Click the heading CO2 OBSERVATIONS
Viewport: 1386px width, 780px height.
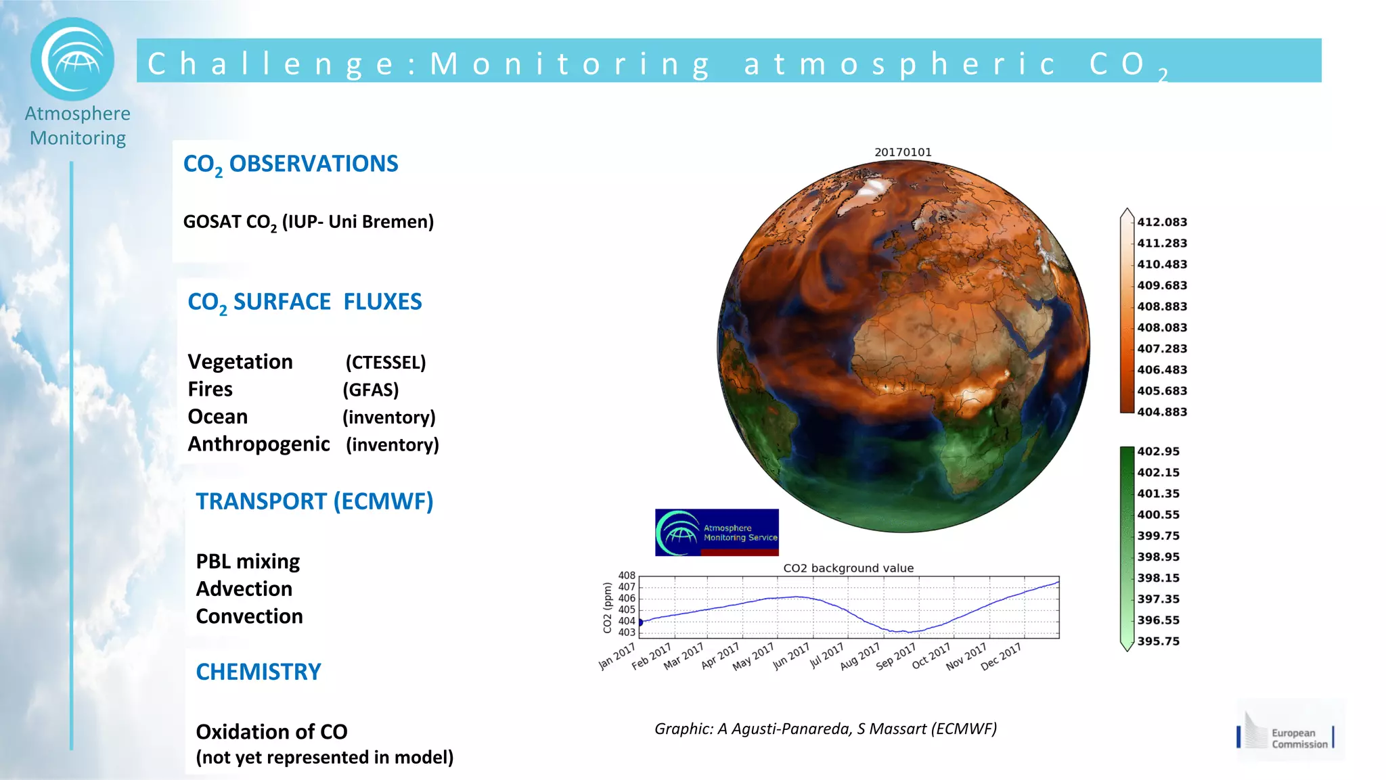(290, 164)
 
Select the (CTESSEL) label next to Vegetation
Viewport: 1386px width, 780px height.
(385, 363)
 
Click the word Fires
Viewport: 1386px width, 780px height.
(210, 390)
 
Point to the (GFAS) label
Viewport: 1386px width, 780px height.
(370, 390)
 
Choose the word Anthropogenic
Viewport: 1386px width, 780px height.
(259, 444)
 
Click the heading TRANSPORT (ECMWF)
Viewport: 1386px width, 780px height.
(314, 502)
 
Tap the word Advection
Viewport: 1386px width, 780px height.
(244, 589)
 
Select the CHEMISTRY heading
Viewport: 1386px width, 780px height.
(258, 672)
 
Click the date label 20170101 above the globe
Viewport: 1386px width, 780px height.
(903, 152)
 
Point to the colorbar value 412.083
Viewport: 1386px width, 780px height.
(1161, 222)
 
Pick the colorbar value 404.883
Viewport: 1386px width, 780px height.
(1161, 412)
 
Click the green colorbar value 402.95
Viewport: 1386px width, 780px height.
(1158, 451)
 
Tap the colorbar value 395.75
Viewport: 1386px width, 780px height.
(1158, 641)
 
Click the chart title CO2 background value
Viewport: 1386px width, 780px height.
(848, 568)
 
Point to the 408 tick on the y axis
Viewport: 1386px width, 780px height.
(627, 576)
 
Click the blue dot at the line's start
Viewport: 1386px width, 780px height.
(640, 622)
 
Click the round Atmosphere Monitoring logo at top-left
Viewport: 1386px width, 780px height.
(72, 60)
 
